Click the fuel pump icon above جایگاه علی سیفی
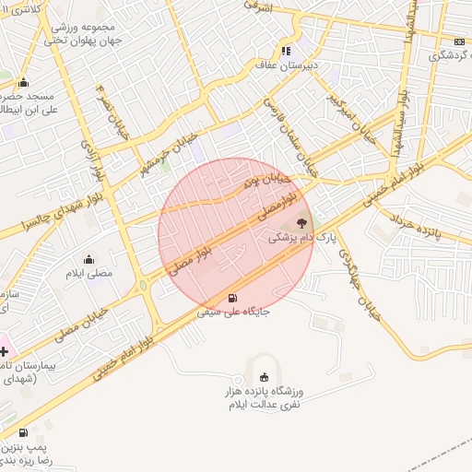[x=231, y=298]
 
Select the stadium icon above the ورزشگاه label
[x=265, y=376]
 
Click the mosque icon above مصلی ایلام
[x=88, y=259]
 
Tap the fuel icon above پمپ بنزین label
[x=23, y=432]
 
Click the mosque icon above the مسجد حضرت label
[x=23, y=82]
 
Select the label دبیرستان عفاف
[x=287, y=66]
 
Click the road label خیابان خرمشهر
[x=163, y=154]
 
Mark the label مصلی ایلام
[x=89, y=274]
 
